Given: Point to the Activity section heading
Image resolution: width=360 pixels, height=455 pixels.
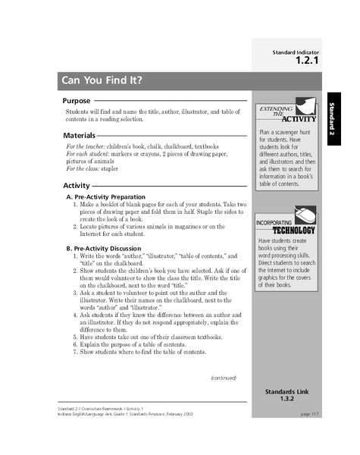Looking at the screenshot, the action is click(x=76, y=185).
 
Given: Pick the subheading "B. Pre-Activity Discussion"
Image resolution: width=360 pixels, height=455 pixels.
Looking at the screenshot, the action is click(x=108, y=248).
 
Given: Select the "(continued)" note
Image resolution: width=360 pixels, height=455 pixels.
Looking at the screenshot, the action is click(x=224, y=378).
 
